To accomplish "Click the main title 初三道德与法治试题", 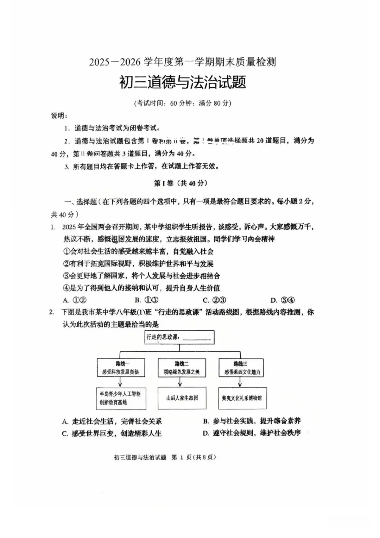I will [182, 82].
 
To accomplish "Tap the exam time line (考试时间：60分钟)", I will [183, 103].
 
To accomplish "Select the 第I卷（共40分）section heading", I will [181, 183].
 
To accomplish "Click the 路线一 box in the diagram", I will [120, 368].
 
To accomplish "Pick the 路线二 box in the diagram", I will [182, 368].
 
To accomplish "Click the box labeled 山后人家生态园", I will [182, 398].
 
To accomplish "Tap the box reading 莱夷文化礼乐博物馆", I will [242, 398].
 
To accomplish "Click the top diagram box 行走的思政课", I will [179, 337].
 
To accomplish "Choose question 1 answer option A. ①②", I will [75, 300].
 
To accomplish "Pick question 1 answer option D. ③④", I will [283, 300].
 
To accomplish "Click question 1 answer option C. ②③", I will [214, 300].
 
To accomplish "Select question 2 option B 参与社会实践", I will [252, 421].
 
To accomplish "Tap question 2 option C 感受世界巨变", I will [112, 433].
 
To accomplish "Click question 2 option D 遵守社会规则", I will [252, 433].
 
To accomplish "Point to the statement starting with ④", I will [141, 288].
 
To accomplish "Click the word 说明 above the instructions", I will [58, 116].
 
